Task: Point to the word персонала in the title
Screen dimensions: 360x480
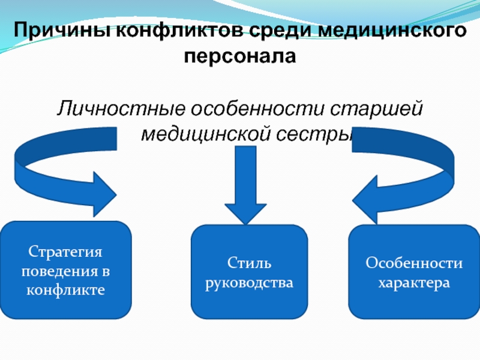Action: pyautogui.click(x=240, y=58)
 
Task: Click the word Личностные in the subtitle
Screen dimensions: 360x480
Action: pyautogui.click(x=120, y=109)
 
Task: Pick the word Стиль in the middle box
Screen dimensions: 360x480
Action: pyautogui.click(x=249, y=263)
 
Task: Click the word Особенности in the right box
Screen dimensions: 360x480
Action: pyautogui.click(x=414, y=263)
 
